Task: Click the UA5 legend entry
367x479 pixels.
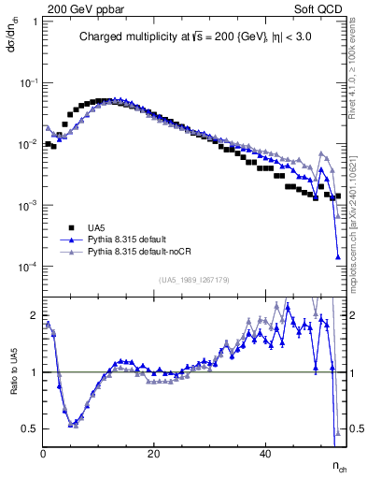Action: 97,227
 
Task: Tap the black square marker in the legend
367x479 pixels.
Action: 71,227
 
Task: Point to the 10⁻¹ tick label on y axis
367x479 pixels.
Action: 29,83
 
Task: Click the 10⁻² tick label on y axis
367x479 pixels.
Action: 29,144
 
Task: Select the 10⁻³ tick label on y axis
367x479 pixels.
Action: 29,206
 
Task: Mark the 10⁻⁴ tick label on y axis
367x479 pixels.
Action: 29,267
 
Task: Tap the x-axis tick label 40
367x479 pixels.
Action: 265,453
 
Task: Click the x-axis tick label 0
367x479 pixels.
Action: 44,453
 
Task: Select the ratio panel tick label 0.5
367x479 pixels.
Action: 30,428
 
